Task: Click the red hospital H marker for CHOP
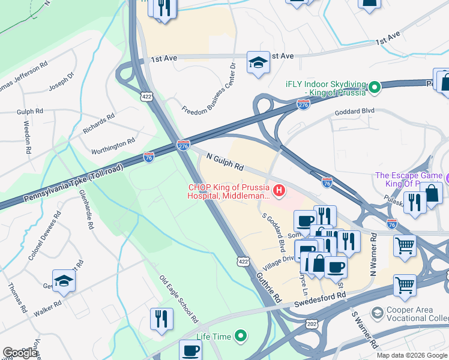279,191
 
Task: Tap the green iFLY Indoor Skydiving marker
375,88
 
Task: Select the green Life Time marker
241,336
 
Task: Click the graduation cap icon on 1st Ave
258,63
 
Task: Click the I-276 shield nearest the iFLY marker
303,105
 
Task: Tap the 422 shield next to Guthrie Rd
243,260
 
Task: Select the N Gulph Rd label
224,161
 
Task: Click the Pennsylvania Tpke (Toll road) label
73,182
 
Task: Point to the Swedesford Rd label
320,300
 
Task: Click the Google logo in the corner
20,353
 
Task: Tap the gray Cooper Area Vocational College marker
377,313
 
